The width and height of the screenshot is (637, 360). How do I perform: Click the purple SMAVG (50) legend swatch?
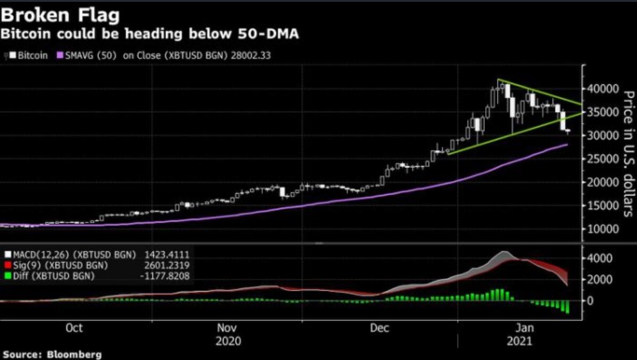(x=60, y=54)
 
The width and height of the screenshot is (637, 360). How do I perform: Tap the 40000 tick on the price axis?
(x=604, y=89)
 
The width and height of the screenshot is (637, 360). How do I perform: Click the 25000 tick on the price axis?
(x=604, y=159)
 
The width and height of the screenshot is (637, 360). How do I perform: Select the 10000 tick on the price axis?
(x=604, y=229)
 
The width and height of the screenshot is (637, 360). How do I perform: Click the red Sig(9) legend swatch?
(x=7, y=265)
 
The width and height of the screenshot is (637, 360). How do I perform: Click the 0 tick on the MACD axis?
(x=591, y=300)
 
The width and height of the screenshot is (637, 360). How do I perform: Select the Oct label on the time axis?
(x=74, y=328)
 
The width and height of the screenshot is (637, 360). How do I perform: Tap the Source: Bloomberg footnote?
(x=51, y=354)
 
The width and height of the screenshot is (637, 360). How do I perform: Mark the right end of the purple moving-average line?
(x=566, y=145)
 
